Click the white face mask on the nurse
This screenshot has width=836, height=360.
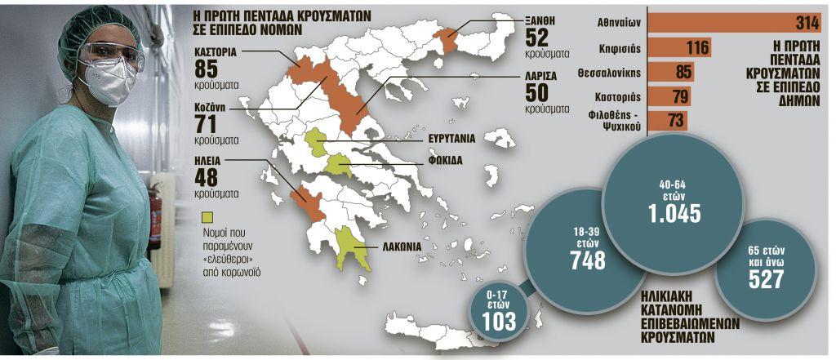coord(109,81)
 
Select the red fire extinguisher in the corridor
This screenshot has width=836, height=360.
coord(155,215)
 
